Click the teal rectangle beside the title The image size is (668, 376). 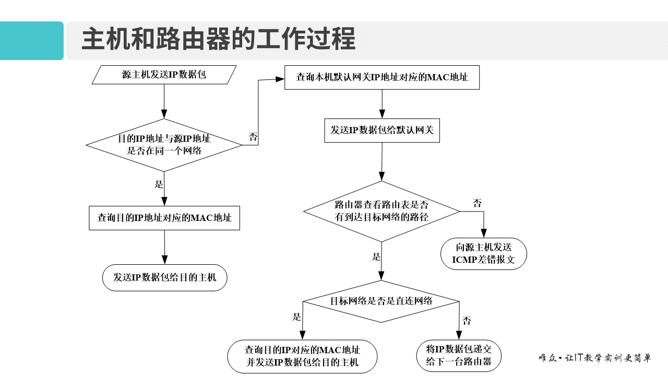[x=31, y=41]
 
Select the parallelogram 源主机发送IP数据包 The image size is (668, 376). [x=164, y=74]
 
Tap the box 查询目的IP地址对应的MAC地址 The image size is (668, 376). [x=164, y=218]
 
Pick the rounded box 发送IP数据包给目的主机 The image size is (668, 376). [x=164, y=277]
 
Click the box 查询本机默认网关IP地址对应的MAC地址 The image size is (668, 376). [x=381, y=77]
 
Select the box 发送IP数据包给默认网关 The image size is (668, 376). [x=381, y=130]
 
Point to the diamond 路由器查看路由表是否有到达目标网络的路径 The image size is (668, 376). [x=381, y=211]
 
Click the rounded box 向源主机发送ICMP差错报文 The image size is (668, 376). [x=484, y=253]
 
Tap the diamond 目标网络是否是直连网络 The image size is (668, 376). [x=381, y=301]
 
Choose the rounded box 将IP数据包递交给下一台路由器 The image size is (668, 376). [x=459, y=355]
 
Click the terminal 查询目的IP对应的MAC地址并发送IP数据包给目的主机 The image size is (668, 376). [x=302, y=356]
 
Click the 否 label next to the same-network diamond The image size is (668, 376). [x=253, y=137]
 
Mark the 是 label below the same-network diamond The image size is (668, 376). [x=159, y=184]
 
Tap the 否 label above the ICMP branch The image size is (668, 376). [x=477, y=203]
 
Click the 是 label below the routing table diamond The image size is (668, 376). [x=376, y=257]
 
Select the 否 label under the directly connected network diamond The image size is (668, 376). [x=467, y=321]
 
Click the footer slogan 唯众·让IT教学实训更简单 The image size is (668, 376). [x=594, y=358]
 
